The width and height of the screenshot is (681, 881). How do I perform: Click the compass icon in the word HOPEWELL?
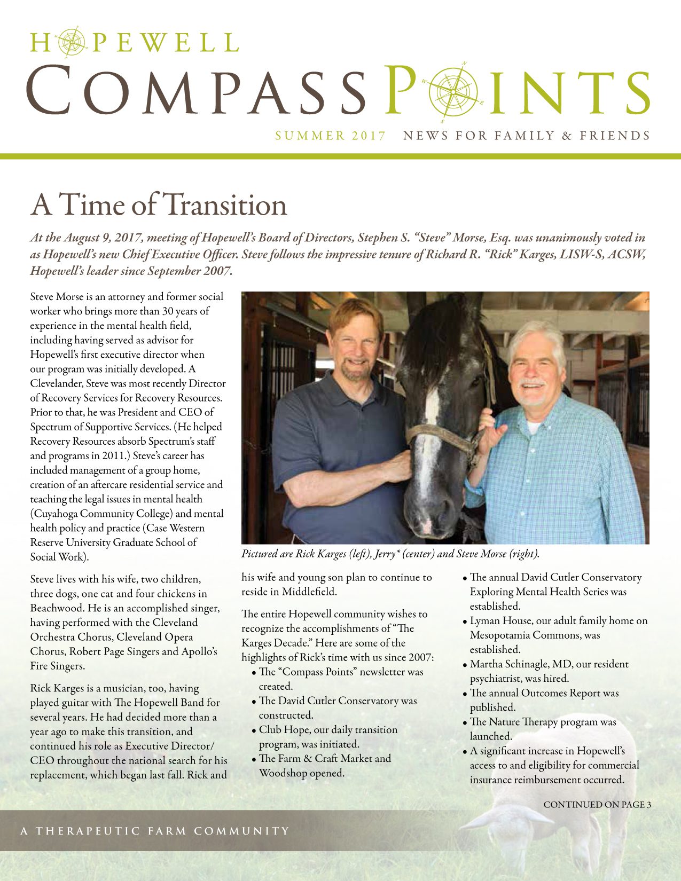tap(67, 42)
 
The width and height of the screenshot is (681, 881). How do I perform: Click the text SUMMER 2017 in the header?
tap(330, 136)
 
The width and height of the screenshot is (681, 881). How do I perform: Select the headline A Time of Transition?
tap(159, 204)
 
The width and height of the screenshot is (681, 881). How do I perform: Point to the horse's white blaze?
tap(432, 406)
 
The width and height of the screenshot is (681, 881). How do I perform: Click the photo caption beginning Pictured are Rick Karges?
tap(390, 554)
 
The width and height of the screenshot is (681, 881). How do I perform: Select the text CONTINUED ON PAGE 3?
tap(597, 805)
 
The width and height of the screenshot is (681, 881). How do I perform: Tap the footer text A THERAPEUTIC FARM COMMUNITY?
tap(155, 831)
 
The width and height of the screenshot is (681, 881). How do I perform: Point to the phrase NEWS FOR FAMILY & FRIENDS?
tap(527, 136)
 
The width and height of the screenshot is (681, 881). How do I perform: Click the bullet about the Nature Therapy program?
tap(542, 729)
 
